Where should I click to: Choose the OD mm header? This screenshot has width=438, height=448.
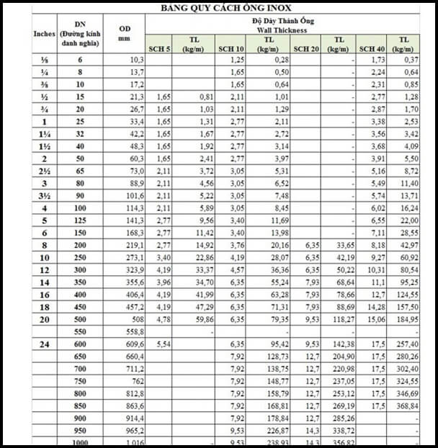(123, 34)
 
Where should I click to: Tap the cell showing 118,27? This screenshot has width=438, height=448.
(341, 320)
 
